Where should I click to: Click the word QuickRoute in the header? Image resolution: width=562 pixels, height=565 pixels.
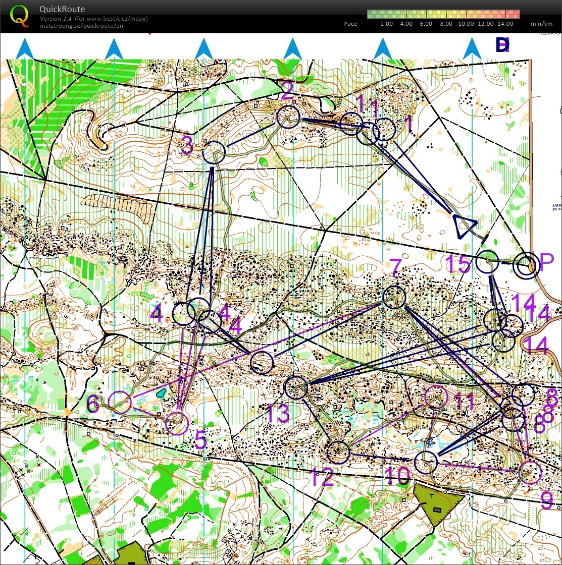(x=62, y=9)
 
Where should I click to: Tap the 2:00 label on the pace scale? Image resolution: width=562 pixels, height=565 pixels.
(x=387, y=24)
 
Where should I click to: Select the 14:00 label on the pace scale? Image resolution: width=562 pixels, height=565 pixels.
(x=505, y=24)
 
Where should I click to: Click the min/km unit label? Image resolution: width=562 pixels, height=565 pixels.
(x=541, y=24)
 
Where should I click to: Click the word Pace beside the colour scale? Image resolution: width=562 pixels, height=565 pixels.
(x=350, y=24)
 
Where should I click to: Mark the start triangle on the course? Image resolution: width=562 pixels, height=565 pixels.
(x=464, y=225)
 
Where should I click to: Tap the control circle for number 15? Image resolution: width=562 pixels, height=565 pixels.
(x=488, y=262)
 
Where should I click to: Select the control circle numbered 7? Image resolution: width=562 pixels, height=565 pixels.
(x=394, y=297)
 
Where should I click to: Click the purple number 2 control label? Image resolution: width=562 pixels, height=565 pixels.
(x=287, y=92)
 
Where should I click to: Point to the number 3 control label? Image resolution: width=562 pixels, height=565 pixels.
(x=187, y=147)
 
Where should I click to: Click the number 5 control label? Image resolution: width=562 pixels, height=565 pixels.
(x=200, y=440)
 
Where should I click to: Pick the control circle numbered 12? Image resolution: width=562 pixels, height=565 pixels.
(x=338, y=452)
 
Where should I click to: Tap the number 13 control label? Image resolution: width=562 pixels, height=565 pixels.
(x=278, y=414)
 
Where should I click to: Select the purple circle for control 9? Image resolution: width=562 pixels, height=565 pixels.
(x=530, y=472)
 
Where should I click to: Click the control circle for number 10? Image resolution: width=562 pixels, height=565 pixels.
(x=426, y=462)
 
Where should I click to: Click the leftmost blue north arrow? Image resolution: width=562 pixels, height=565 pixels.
(x=25, y=49)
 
